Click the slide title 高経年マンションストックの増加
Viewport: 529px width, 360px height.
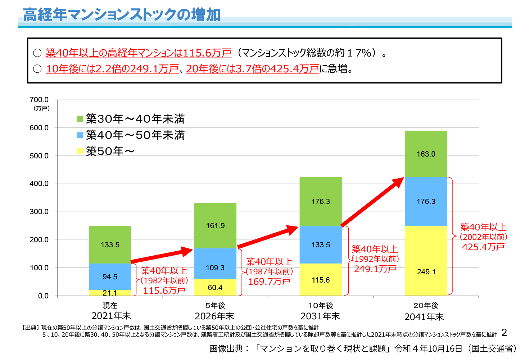(x=122, y=15)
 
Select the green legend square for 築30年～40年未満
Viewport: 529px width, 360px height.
(x=80, y=119)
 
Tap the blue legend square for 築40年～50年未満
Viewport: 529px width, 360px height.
(x=80, y=135)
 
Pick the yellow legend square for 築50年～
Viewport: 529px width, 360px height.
(x=80, y=151)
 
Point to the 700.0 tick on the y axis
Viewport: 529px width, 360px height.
(x=39, y=100)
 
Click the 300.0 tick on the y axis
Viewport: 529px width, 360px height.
(x=39, y=212)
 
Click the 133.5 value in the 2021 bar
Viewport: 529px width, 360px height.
(x=110, y=245)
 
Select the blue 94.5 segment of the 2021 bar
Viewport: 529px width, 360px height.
(x=110, y=276)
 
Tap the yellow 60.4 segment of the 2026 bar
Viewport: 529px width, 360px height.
(x=215, y=288)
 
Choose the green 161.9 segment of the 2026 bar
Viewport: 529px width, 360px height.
(x=215, y=226)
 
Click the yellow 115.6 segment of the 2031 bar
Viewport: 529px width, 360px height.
(x=321, y=280)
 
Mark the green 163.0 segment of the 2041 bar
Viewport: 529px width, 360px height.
(x=426, y=154)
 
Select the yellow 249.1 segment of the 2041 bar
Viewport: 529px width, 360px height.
(x=426, y=272)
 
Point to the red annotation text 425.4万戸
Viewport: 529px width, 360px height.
(x=483, y=247)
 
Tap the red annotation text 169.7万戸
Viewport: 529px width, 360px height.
(x=269, y=282)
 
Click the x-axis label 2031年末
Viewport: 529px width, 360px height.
(x=320, y=316)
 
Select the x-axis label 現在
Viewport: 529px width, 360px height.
(x=110, y=306)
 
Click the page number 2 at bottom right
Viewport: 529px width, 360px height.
(x=504, y=332)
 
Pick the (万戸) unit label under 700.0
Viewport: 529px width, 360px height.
(x=41, y=108)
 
